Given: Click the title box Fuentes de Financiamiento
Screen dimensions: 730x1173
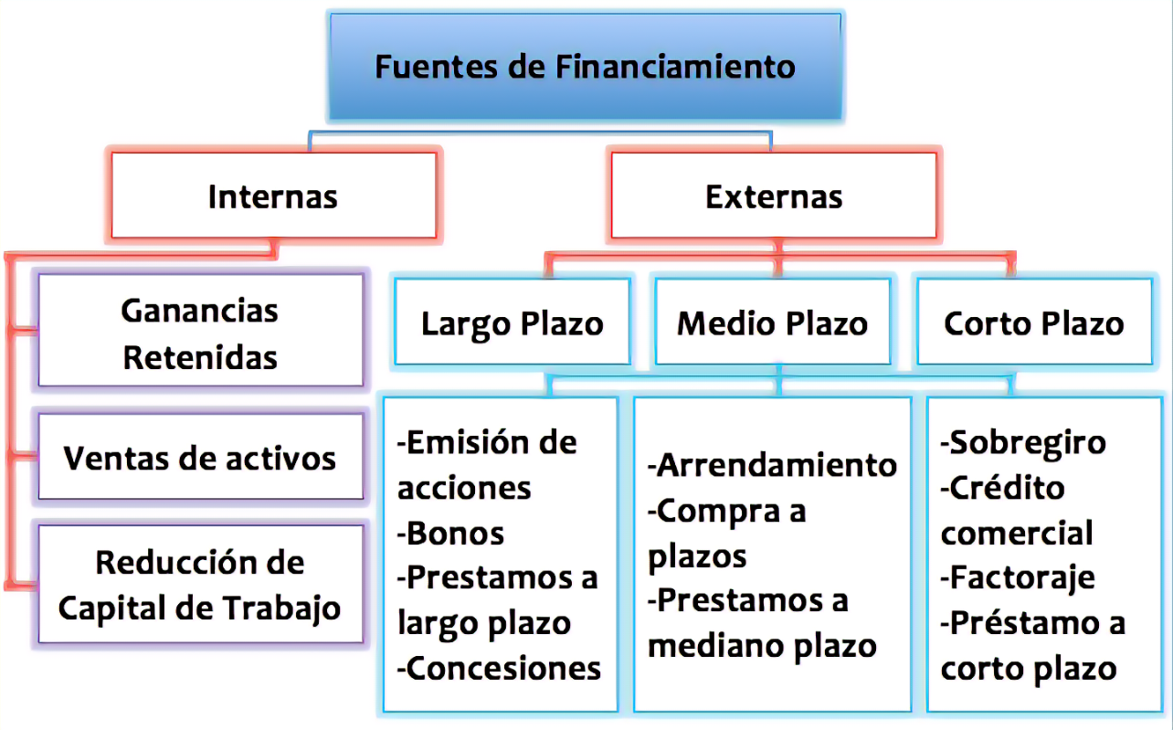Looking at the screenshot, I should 585,67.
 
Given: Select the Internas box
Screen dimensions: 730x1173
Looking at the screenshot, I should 272,196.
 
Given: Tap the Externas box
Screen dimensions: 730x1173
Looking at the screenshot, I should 774,196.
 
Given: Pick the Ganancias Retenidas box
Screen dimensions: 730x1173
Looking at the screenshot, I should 200,333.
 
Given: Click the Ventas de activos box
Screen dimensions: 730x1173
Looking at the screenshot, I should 200,457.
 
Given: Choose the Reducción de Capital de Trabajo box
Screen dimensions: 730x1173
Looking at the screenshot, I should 200,585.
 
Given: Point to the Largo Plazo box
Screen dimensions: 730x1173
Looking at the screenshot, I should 512,323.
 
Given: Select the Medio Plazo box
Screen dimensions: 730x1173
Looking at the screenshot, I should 773,323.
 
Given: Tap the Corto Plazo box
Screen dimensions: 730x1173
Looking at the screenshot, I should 1034,323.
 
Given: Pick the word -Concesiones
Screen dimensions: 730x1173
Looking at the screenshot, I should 500,669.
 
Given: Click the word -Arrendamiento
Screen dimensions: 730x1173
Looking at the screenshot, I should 773,465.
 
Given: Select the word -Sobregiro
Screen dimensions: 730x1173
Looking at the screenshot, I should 1023,443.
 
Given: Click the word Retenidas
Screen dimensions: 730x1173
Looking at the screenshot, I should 200,357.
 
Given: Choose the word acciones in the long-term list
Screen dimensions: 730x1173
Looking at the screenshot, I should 464,488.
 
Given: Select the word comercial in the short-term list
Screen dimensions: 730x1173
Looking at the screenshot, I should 1017,533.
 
